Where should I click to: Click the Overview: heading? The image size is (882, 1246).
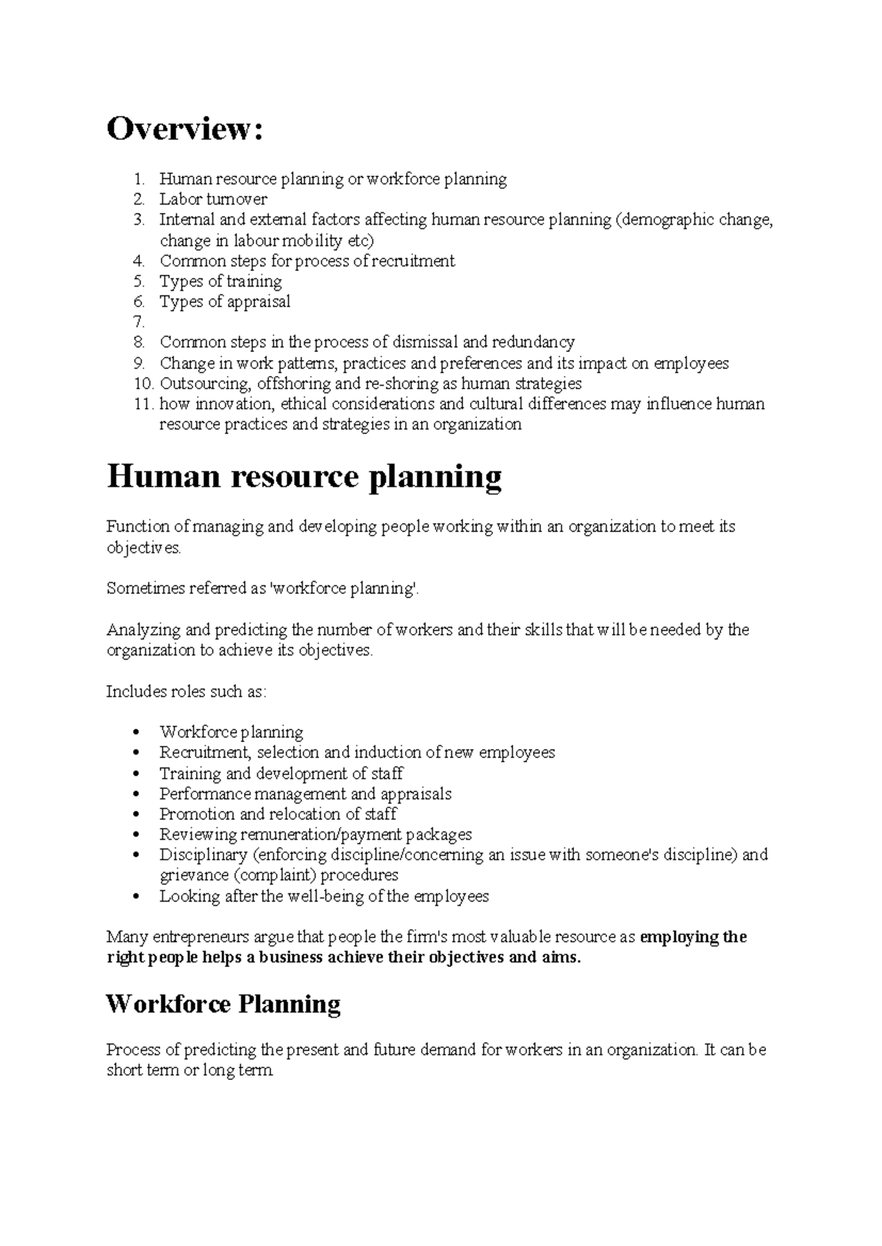(x=184, y=129)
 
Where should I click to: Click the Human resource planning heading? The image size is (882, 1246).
(x=304, y=477)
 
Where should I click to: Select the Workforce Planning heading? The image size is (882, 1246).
(x=223, y=1004)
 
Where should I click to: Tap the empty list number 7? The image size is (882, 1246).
(x=139, y=322)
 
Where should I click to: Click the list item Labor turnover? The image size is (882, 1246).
(x=213, y=199)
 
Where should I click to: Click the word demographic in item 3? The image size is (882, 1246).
(x=670, y=220)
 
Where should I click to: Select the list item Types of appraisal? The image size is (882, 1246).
(x=225, y=301)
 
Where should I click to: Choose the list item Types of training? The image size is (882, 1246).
(x=220, y=281)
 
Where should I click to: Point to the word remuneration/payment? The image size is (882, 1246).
(x=321, y=835)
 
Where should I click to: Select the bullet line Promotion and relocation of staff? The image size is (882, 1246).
(x=278, y=814)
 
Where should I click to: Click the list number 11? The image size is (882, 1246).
(x=143, y=404)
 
